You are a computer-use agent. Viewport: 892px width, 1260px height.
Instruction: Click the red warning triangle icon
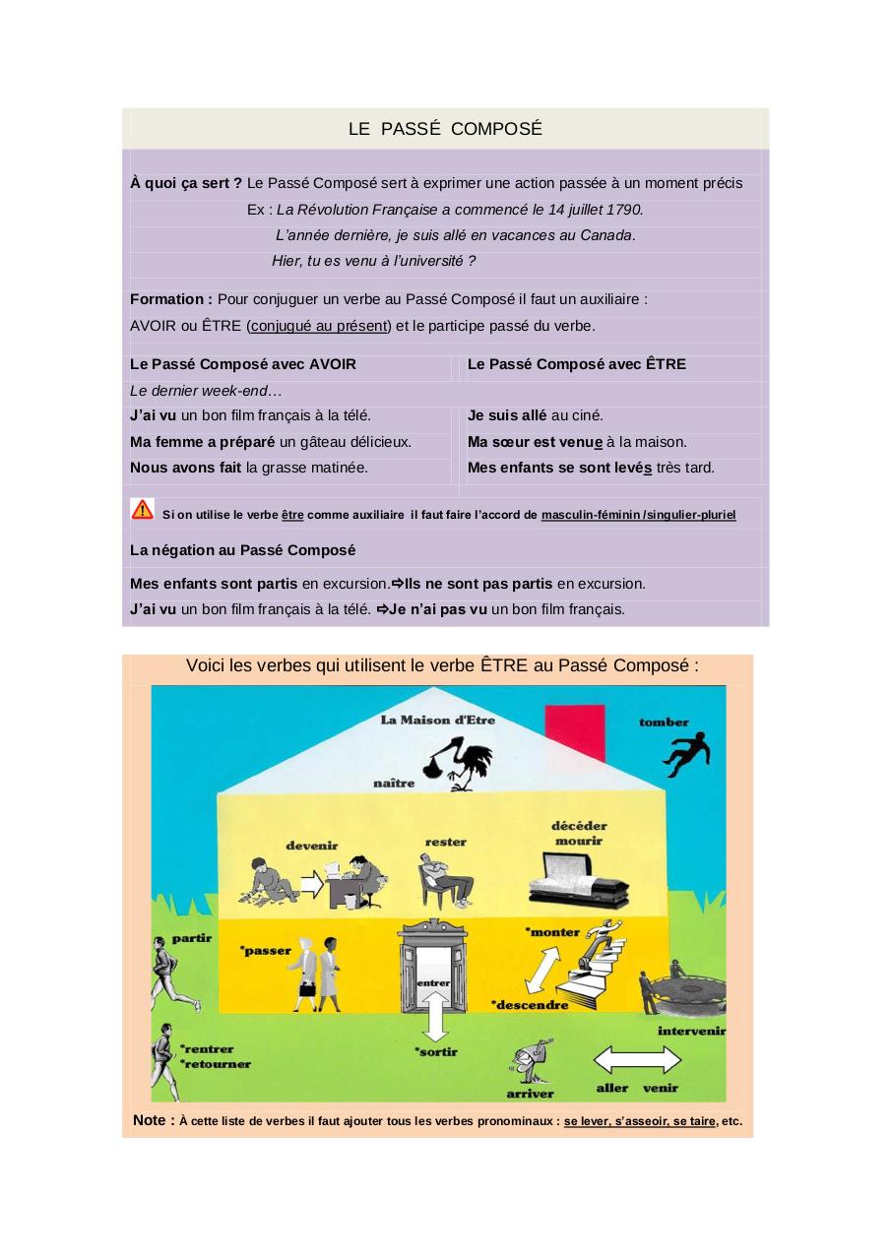point(143,509)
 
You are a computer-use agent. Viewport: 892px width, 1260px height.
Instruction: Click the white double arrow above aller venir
point(637,1059)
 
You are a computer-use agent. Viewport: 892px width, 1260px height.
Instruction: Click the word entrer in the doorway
point(433,982)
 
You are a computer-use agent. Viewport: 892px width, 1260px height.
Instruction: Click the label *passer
point(266,951)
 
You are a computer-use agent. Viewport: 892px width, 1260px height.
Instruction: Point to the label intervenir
point(691,1031)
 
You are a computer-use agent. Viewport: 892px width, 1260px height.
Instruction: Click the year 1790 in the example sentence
point(624,210)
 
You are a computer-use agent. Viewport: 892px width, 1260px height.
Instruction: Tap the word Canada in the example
point(609,235)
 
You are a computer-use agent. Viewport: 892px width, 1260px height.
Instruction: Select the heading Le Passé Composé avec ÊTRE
point(576,364)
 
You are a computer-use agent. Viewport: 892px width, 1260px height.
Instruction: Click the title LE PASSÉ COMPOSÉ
point(445,129)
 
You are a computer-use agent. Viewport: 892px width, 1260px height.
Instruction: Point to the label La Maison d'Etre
point(438,720)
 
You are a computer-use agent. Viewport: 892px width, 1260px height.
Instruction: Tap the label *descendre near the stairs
point(530,1005)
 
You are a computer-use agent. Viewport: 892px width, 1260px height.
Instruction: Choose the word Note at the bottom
point(154,1120)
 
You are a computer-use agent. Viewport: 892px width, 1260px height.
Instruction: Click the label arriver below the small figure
point(530,1094)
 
